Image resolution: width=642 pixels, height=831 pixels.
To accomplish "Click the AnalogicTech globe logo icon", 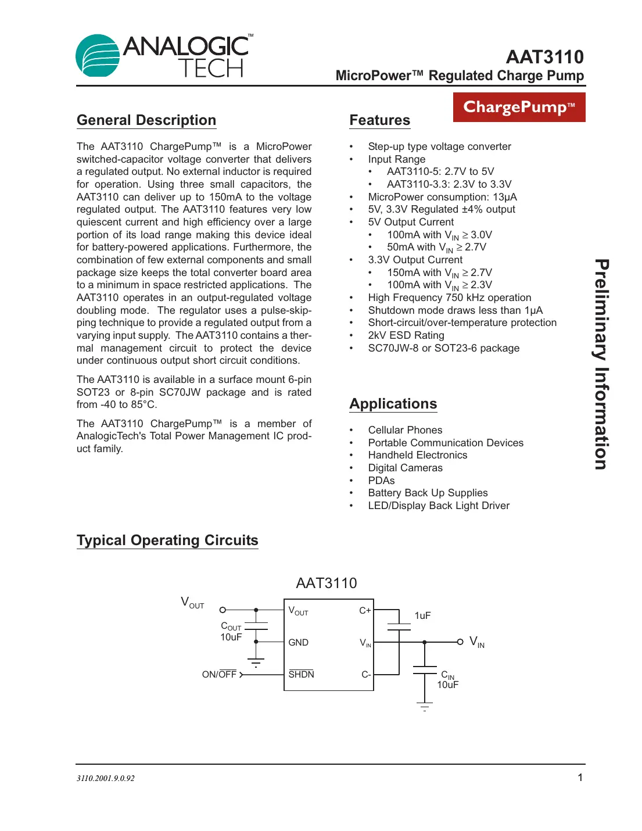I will pyautogui.click(x=98, y=56).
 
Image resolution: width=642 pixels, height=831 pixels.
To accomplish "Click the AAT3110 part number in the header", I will pyautogui.click(x=544, y=57).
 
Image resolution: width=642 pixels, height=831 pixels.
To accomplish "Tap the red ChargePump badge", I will pyautogui.click(x=519, y=108).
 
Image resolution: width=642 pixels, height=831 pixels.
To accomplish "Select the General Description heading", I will pyautogui.click(x=146, y=120).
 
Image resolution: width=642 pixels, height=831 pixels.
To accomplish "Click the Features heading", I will pyautogui.click(x=379, y=120).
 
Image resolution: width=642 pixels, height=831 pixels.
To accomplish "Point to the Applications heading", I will pyautogui.click(x=393, y=404).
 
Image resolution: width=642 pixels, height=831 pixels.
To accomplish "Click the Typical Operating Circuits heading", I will pyautogui.click(x=167, y=540).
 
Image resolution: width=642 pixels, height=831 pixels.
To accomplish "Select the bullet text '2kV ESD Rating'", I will pyautogui.click(x=406, y=335).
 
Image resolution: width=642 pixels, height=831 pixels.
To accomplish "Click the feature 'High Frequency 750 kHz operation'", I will pyautogui.click(x=449, y=298).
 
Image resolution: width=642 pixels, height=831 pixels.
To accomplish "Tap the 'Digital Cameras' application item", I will pyautogui.click(x=405, y=468).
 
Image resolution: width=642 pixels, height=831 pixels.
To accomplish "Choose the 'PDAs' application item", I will pyautogui.click(x=381, y=481).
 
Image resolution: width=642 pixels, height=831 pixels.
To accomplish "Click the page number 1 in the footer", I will pyautogui.click(x=579, y=778).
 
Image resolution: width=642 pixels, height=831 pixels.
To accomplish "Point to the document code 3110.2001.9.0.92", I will pyautogui.click(x=106, y=778).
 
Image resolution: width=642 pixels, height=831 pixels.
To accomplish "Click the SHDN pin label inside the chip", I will pyautogui.click(x=301, y=674).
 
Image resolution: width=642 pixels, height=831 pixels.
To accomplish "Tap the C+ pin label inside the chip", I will pyautogui.click(x=365, y=610).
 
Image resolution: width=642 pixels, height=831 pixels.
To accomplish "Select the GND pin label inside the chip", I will pyautogui.click(x=298, y=642).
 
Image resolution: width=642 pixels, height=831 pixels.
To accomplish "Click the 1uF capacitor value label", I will pyautogui.click(x=422, y=615).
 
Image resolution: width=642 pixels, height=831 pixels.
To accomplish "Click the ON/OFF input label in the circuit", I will pyautogui.click(x=219, y=675).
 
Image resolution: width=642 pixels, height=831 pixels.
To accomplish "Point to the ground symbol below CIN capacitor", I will pyautogui.click(x=425, y=707).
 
